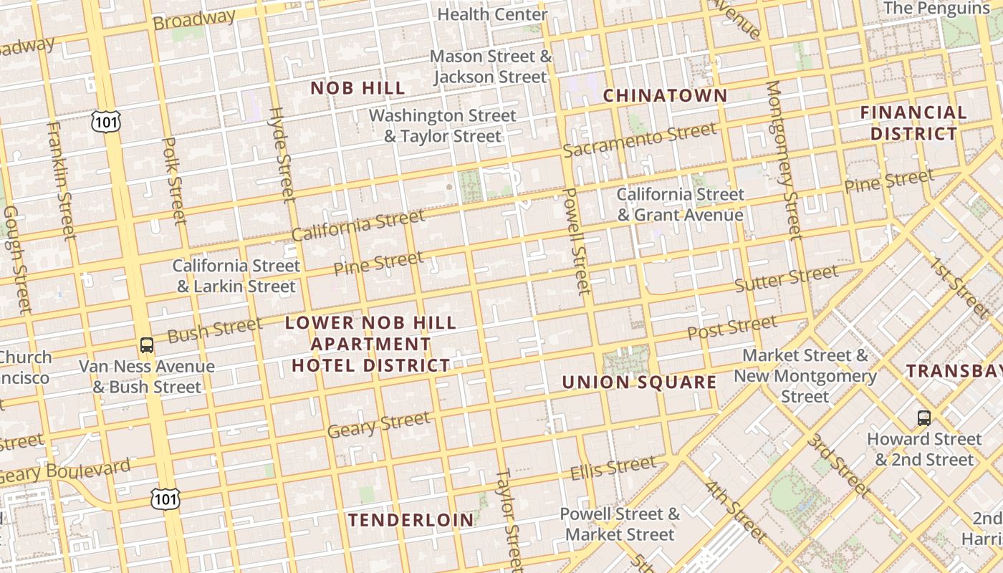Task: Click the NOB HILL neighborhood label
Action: pos(357,88)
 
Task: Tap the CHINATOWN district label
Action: pos(665,95)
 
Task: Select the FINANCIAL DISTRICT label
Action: pos(913,122)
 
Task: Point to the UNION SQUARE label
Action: pos(639,382)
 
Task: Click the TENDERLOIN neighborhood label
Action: pos(411,520)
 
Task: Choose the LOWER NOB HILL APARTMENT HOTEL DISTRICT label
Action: pos(370,344)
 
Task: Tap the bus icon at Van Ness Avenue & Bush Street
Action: pos(147,345)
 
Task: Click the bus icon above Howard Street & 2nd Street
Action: pos(924,418)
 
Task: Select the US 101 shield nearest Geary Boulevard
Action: pos(165,499)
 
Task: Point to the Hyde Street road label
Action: pos(282,154)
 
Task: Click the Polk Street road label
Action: pos(174,180)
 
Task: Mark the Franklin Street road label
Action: pos(61,180)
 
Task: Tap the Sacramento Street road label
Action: pos(639,140)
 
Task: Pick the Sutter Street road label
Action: pos(786,279)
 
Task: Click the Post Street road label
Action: pos(732,327)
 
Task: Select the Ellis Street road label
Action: pos(613,468)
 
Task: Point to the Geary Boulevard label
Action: pos(66,471)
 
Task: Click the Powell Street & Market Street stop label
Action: pos(620,524)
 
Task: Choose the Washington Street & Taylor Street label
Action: pos(442,125)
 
